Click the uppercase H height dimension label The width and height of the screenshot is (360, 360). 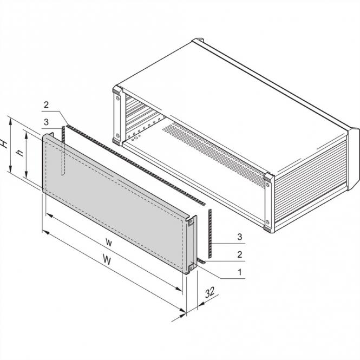[5, 144]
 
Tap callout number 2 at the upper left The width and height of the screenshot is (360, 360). [47, 104]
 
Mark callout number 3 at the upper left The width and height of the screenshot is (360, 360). [47, 122]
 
